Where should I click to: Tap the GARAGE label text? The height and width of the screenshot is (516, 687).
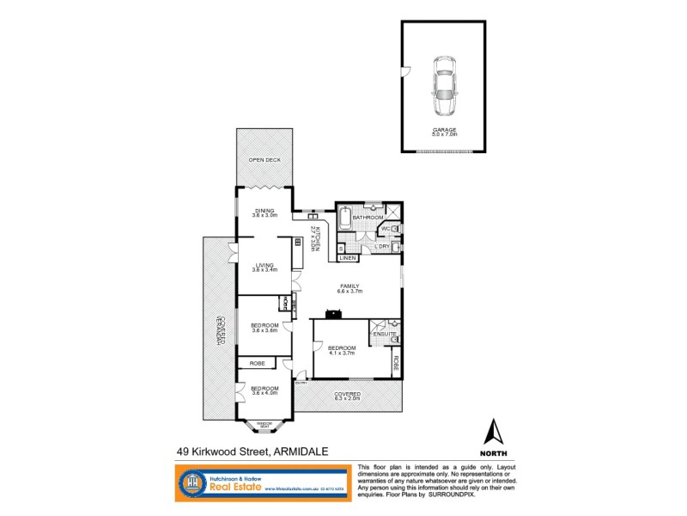pos(444,130)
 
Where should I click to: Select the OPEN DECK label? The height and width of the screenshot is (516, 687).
pos(264,161)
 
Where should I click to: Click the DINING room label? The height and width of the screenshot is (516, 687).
pos(264,211)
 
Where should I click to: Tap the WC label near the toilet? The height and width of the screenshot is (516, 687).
pos(386,229)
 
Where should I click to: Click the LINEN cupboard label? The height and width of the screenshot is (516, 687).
pos(348,258)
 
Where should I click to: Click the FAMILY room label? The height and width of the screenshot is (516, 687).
pos(350,287)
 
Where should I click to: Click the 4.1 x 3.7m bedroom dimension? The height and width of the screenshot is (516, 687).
pos(342,353)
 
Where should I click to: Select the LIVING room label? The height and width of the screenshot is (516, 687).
pos(263,266)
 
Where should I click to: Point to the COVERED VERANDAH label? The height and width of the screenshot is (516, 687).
pos(220,329)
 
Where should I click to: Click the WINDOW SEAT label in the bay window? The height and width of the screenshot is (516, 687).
pos(264,425)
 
